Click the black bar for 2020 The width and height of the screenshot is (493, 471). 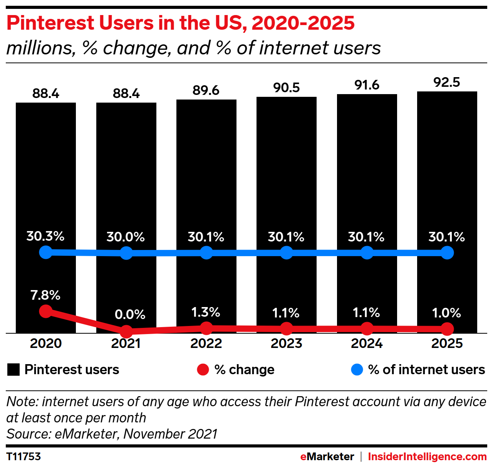tap(46, 174)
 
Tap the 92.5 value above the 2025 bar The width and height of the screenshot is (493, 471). tap(447, 82)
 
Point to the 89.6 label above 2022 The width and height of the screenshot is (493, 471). tap(206, 90)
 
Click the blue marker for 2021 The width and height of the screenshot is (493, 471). tap(126, 253)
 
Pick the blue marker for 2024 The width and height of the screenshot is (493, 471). tap(367, 253)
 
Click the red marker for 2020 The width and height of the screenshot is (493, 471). tap(46, 311)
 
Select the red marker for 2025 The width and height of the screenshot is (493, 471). tap(447, 329)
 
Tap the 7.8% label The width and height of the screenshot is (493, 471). tap(45, 295)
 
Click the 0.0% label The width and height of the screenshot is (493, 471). tap(130, 314)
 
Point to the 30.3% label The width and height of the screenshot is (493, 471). tap(45, 236)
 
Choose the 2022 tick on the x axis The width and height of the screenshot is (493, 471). tap(206, 343)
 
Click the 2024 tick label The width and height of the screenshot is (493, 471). tap(367, 343)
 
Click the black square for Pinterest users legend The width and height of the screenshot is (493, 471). tap(13, 370)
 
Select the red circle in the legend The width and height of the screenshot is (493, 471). tap(203, 370)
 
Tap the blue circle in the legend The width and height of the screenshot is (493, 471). tap(357, 370)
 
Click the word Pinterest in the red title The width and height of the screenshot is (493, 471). tap(50, 23)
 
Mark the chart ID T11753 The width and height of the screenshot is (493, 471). tap(23, 457)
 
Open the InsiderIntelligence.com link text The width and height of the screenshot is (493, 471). tap(427, 457)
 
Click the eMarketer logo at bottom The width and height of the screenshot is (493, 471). tap(327, 457)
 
